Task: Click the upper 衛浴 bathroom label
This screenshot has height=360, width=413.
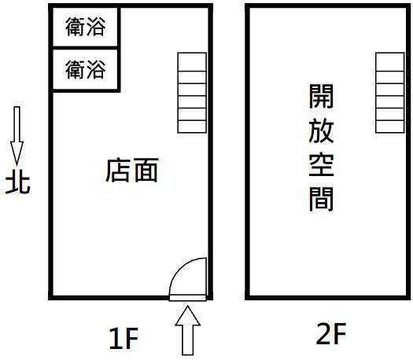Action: coord(86,26)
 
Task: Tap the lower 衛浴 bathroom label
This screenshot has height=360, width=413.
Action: coord(86,69)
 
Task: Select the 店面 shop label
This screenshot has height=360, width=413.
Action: coord(132,171)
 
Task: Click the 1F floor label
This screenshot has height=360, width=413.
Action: coord(124,339)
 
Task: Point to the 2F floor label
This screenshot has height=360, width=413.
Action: coord(331,333)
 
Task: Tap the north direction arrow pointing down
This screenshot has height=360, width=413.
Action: coord(17,136)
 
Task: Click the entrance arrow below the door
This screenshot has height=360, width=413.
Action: coord(187,331)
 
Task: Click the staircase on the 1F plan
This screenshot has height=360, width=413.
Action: coord(192,93)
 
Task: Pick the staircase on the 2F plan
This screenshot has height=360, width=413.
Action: coord(390,93)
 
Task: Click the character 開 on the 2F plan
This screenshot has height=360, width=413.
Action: coord(321,96)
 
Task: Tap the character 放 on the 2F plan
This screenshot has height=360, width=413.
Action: coord(321,130)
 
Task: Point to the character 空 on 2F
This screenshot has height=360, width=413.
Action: coord(321,164)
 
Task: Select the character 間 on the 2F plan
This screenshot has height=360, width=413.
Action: coord(321,198)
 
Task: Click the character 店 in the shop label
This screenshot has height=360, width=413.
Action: coord(118,171)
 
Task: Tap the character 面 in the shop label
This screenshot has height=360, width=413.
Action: coord(146,171)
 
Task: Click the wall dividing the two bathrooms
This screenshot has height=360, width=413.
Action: coord(85,48)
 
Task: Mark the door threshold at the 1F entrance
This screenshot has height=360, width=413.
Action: coord(187,298)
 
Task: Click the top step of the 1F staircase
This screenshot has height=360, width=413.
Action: coord(192,62)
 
